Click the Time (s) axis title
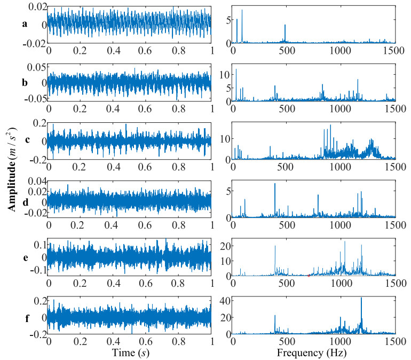[130, 353]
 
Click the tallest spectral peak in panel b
[236, 69]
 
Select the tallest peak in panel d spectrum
[275, 184]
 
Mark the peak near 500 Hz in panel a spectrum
[285, 25]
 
